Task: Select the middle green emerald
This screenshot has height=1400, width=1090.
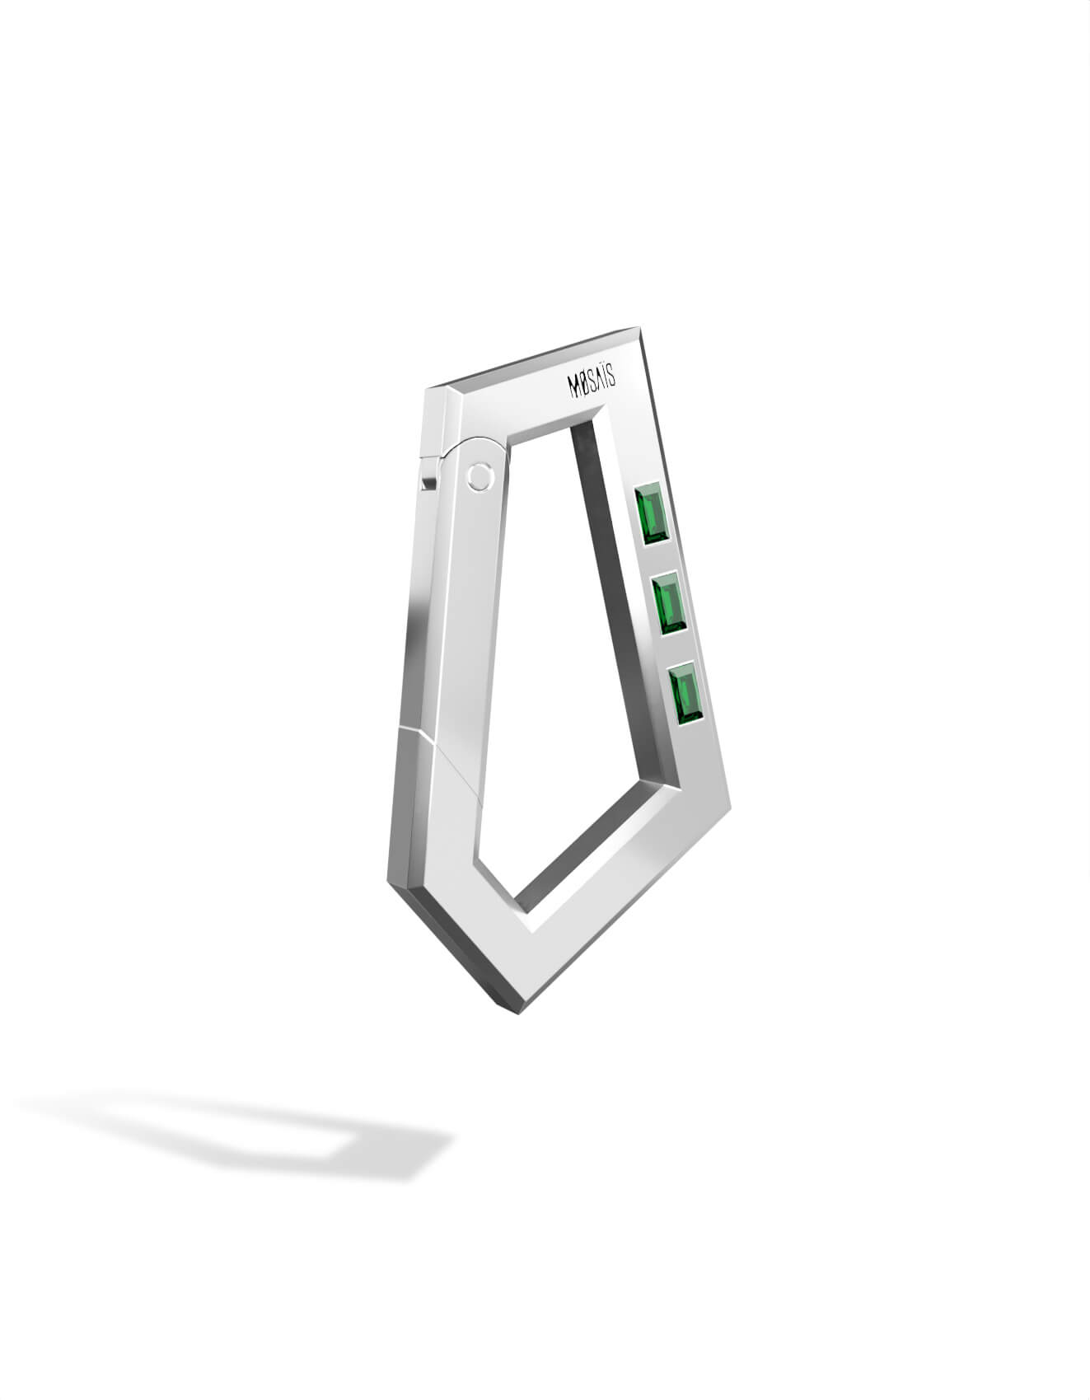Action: click(x=669, y=606)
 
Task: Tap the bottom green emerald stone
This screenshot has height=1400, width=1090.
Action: click(x=686, y=695)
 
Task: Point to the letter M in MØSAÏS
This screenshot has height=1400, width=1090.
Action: click(x=576, y=386)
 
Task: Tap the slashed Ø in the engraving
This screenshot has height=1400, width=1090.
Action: click(x=587, y=385)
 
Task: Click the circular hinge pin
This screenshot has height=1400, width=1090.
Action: click(x=478, y=477)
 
